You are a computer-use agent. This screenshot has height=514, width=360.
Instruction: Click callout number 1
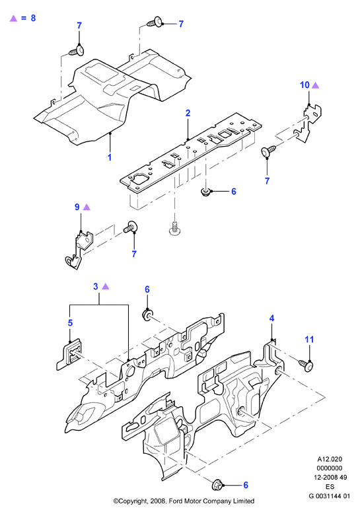[x=110, y=157]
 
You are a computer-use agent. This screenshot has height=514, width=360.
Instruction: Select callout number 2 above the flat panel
[x=188, y=113]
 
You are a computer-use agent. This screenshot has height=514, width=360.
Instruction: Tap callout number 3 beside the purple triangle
[x=95, y=287]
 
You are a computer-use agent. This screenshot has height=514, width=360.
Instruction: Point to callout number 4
[x=271, y=318]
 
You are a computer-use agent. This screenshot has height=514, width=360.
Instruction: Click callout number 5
[x=70, y=323]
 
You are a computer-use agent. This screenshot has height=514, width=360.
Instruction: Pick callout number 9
[x=77, y=207]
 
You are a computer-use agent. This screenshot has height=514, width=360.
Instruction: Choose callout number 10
[x=305, y=85]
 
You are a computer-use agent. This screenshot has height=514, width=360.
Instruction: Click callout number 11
[x=310, y=340]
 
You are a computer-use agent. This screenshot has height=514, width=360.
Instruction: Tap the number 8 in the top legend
[x=33, y=18]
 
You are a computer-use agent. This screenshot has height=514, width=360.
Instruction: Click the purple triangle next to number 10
[x=315, y=85]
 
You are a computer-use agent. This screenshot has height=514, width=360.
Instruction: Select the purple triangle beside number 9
[x=87, y=207]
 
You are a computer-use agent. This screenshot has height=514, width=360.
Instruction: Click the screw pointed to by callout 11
[x=306, y=365]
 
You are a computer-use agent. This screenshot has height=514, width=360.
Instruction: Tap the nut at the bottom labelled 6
[x=218, y=484]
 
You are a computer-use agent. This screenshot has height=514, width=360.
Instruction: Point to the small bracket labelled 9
[x=79, y=249]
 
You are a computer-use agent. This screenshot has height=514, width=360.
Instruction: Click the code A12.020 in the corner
[x=329, y=459]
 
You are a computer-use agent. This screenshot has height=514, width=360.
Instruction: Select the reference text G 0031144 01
[x=329, y=496]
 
